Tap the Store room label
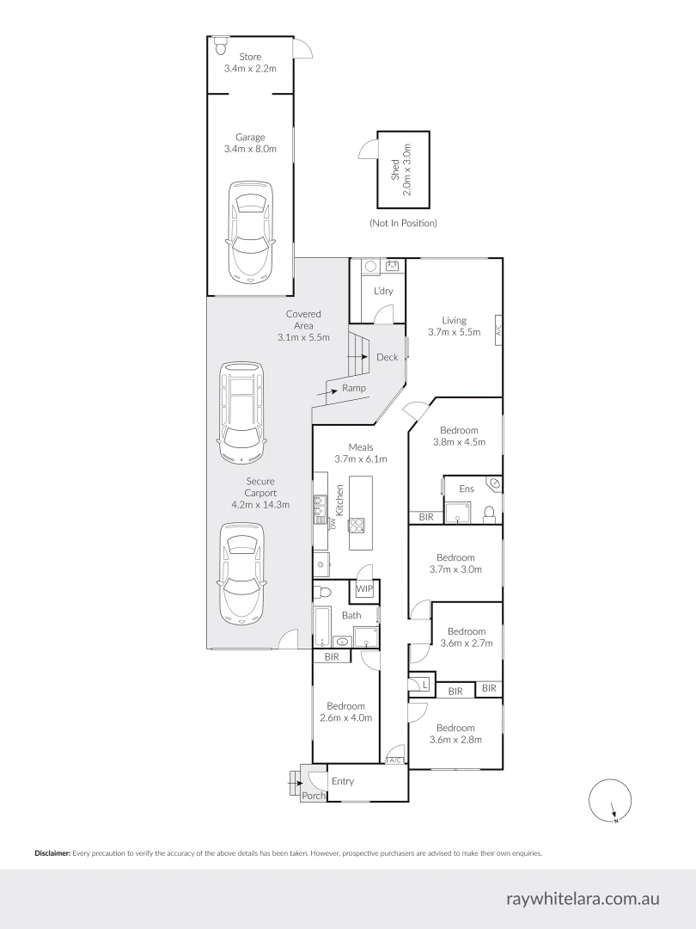pos(250,57)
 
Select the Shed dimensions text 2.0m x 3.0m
pos(408,170)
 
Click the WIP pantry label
pos(364,589)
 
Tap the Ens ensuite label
pos(467,489)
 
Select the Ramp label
pos(354,388)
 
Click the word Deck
pos(387,357)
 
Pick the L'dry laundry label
pos(382,291)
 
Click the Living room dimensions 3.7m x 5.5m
pos(454,332)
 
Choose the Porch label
pos(314,797)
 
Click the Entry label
pos(342,781)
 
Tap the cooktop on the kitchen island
pos(357,525)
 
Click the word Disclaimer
pos(52,853)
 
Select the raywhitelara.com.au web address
pos(583,899)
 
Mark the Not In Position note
pos(403,223)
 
